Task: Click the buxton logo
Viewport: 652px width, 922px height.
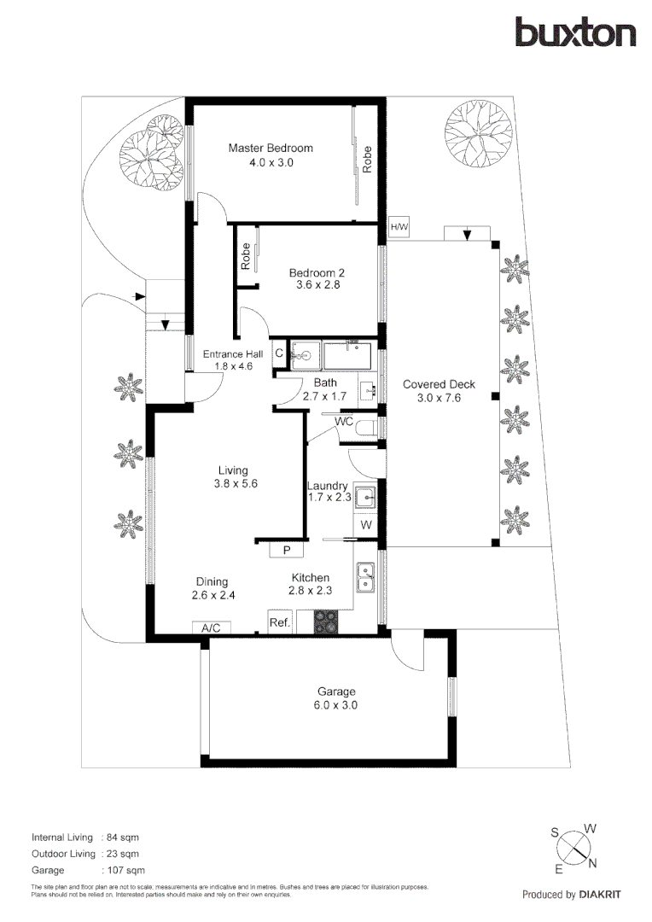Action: pos(575,32)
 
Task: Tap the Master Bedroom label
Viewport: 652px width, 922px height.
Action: pos(271,149)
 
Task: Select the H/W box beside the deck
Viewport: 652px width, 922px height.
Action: pos(399,227)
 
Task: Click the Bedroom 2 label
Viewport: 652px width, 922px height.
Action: pos(317,273)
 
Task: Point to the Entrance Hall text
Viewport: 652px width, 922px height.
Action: pos(233,354)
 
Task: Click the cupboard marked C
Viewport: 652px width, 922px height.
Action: pos(279,353)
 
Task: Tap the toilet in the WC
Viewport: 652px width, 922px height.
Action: pos(368,428)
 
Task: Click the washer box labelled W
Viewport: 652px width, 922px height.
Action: pos(366,525)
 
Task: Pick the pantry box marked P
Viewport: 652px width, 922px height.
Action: pos(287,550)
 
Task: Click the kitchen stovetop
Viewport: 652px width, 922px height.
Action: pos(326,621)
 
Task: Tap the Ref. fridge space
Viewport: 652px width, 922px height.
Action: pos(280,621)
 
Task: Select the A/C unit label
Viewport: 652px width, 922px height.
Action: pos(211,628)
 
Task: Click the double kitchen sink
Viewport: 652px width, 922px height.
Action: pos(366,577)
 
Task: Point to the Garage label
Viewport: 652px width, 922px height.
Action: pos(336,692)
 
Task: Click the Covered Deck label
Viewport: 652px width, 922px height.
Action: pos(440,384)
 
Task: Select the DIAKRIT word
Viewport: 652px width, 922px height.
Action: pos(600,895)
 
